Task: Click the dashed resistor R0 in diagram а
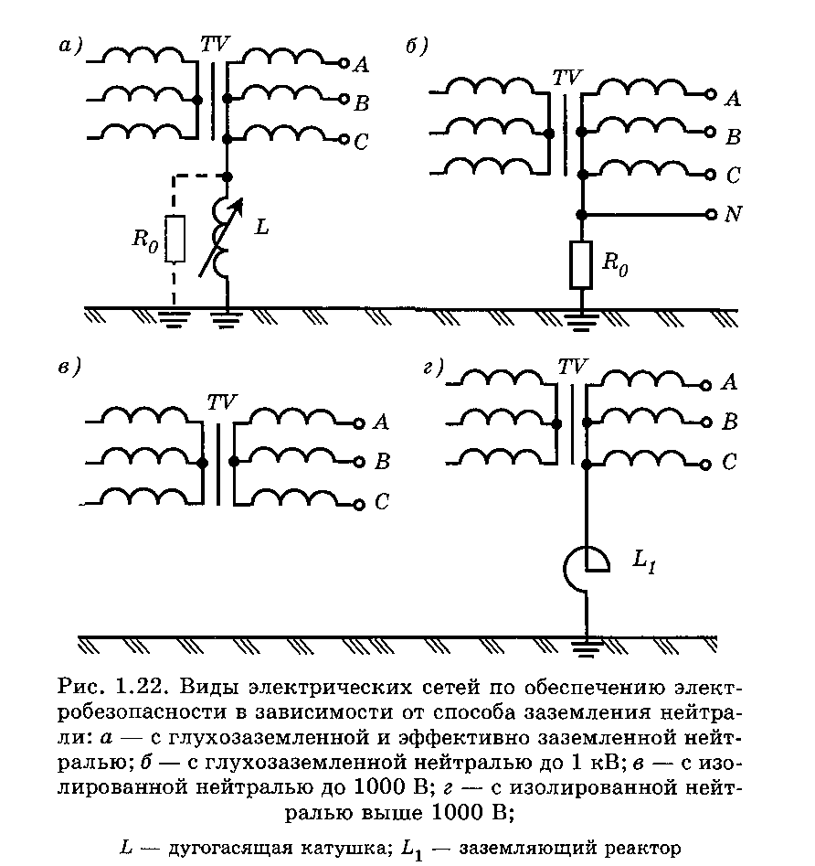click(175, 239)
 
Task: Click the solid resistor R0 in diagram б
click(581, 264)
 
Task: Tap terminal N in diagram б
click(712, 214)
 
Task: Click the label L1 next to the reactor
click(644, 561)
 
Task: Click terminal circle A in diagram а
click(344, 63)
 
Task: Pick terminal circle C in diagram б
click(711, 175)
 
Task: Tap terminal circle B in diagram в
click(359, 462)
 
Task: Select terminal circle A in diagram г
click(705, 386)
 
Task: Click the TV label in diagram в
click(222, 402)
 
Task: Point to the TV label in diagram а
click(215, 44)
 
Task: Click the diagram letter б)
click(417, 47)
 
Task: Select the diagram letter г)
click(434, 367)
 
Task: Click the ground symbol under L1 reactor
click(587, 648)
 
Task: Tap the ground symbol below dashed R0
click(174, 319)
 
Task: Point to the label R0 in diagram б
click(615, 263)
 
